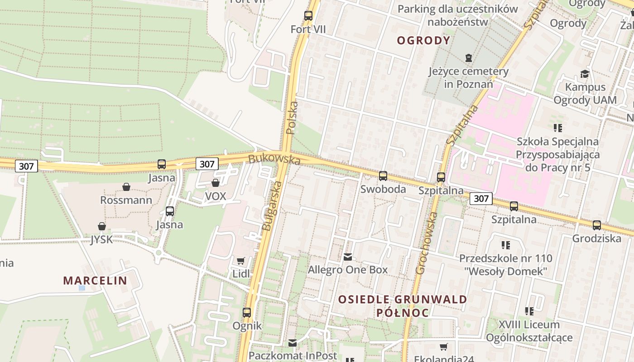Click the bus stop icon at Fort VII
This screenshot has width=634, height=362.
(308, 16)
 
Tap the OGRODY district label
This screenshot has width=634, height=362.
(423, 41)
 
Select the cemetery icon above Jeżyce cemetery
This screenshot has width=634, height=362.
(468, 58)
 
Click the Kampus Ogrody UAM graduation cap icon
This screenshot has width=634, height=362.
(585, 74)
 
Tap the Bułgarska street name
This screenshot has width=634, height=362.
(272, 206)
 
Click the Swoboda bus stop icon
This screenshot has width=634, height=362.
(383, 176)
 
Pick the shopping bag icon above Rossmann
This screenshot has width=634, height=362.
(126, 187)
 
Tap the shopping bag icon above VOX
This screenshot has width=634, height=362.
(216, 183)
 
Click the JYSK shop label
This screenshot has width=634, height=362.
(101, 239)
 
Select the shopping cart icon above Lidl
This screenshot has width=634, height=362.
(241, 261)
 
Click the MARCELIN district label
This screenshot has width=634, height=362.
(95, 281)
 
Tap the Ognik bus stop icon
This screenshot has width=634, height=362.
(247, 312)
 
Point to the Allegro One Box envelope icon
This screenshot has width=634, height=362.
(347, 257)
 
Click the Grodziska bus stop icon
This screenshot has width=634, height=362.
(597, 225)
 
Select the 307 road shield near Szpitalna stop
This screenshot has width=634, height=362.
(481, 198)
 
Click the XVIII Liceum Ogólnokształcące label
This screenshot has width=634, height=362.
(529, 331)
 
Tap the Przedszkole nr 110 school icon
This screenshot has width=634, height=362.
(506, 245)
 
